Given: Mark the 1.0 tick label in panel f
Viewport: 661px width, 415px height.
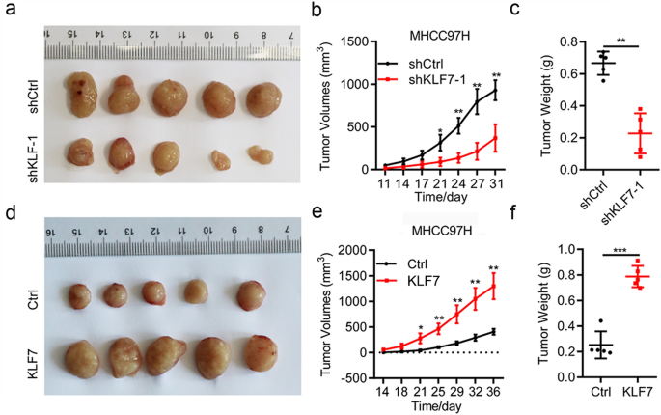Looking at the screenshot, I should [559, 249].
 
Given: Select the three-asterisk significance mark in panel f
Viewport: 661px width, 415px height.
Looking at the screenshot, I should [610, 251].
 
